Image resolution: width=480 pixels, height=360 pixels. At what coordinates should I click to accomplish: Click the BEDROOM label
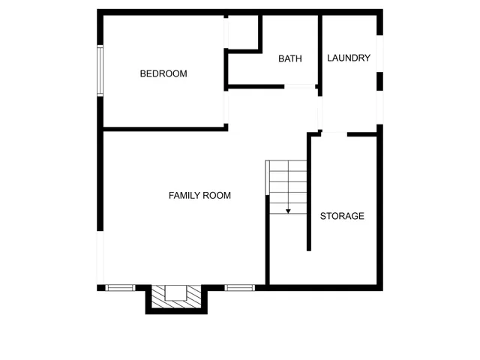[x=163, y=73]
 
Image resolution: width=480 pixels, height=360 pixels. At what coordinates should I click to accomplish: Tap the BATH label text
[x=289, y=58]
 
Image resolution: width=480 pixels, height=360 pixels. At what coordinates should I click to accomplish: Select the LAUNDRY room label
[x=349, y=58]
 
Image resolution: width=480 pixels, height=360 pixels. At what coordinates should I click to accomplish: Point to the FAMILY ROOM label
[x=199, y=195]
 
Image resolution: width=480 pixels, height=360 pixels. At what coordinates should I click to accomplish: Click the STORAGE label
[x=342, y=216]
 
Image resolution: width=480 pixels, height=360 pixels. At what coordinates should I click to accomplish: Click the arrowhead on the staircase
[x=288, y=211]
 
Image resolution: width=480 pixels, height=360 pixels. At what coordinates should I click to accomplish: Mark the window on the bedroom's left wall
[x=100, y=70]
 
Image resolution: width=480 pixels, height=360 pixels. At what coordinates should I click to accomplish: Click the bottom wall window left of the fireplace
[x=120, y=287]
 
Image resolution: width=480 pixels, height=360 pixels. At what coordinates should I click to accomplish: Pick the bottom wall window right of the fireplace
[x=240, y=287]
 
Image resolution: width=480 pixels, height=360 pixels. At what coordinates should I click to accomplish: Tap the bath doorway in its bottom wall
[x=300, y=87]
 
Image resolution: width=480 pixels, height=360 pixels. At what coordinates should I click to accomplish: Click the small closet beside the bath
[x=242, y=31]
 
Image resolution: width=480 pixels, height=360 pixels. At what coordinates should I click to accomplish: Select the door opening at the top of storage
[x=334, y=134]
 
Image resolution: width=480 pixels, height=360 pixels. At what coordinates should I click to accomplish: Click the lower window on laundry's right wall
[x=379, y=109]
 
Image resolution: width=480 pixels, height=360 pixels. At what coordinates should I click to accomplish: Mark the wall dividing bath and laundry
[x=320, y=49]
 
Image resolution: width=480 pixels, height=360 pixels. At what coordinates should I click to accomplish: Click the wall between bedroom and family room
[x=165, y=129]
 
